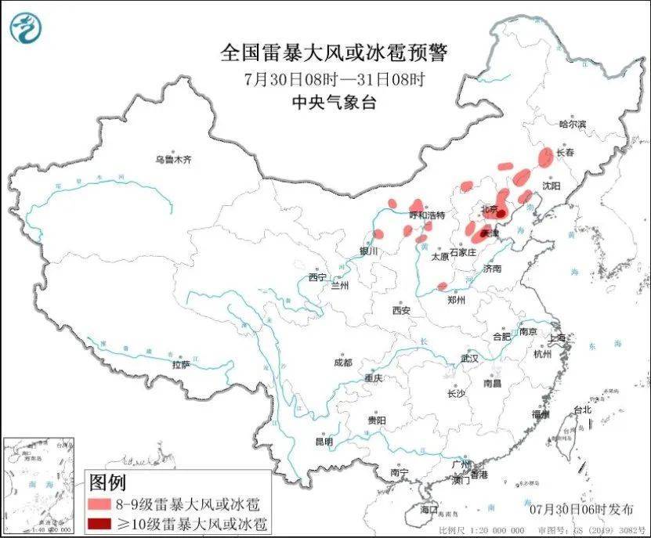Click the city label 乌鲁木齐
point(172,160)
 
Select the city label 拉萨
point(181,364)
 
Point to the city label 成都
point(342,363)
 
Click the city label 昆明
point(324,442)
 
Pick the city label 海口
point(429,509)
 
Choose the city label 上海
point(559,338)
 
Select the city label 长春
point(565,153)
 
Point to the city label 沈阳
point(552,186)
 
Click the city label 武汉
point(468,358)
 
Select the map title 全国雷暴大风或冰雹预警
point(334,53)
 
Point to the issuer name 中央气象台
point(334,102)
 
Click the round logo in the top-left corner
point(26,28)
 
